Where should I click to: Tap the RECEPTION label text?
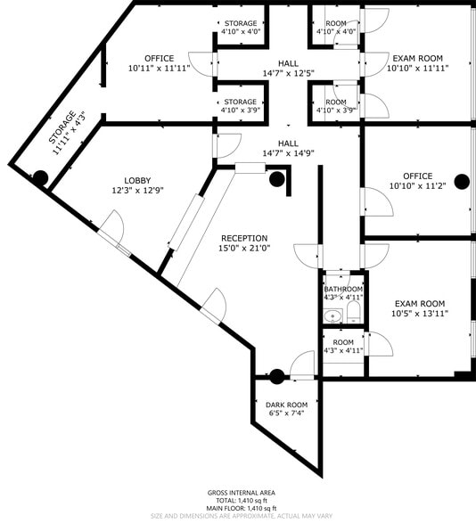point(244,238)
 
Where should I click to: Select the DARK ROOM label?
point(286,405)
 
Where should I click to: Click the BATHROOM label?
point(343,290)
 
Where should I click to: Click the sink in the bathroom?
point(333,315)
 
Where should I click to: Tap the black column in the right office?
point(462,182)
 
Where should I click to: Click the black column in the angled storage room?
point(40,177)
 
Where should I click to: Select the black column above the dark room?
point(277,376)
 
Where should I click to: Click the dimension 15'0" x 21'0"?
point(244,249)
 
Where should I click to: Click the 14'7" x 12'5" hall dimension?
point(288,73)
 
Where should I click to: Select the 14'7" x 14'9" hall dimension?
point(288,153)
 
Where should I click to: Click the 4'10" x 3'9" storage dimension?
point(240,111)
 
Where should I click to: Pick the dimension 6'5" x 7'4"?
point(286,413)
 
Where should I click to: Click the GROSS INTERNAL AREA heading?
point(241,493)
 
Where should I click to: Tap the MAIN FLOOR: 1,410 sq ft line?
point(241,508)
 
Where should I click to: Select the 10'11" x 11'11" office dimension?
point(159,68)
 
